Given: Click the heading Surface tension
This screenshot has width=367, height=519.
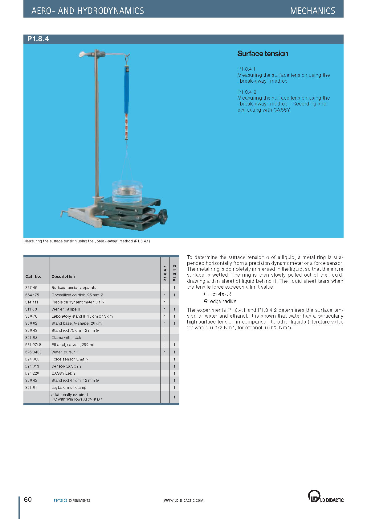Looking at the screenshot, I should click(263, 54).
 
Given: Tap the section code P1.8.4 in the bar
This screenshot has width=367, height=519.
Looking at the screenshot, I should click(38, 39).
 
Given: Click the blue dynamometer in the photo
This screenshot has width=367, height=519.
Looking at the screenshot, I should click(126, 89).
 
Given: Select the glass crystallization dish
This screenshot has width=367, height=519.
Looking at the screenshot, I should click(127, 192).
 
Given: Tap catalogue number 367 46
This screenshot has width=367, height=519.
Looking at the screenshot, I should click(31, 288).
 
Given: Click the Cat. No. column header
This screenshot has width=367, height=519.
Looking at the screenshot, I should click(33, 277).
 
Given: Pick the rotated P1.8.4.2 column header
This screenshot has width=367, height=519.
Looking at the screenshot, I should click(174, 273).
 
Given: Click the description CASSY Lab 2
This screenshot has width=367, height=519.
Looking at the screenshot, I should click(63, 373).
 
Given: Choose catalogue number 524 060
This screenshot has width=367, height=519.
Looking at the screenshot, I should click(32, 359).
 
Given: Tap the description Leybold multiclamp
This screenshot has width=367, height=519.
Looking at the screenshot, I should click(69, 388).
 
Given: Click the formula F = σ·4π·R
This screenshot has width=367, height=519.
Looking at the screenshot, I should click(217, 294).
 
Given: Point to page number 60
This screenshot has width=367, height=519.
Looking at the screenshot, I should click(28, 499).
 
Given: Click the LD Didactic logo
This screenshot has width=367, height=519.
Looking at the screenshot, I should click(325, 496).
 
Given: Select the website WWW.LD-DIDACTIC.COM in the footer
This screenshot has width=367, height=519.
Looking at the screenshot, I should click(184, 500).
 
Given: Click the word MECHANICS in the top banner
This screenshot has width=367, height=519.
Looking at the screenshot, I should click(312, 11).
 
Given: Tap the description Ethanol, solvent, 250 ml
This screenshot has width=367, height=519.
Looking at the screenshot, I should click(72, 345).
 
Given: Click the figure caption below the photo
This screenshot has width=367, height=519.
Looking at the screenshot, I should click(87, 241).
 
